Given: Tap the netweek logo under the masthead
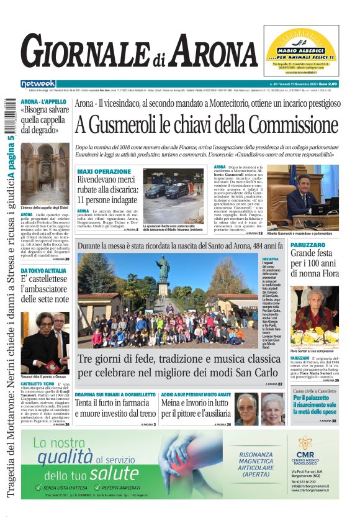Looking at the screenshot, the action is tap(38, 84).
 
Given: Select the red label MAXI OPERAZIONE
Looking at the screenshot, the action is tap(104, 171).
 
